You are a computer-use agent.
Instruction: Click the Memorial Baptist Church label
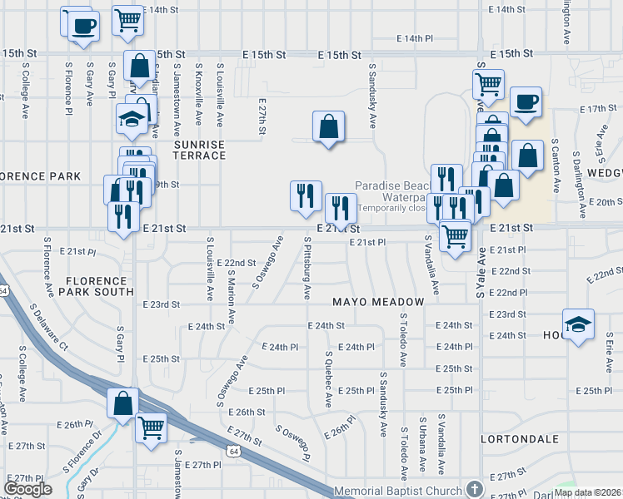point(398,491)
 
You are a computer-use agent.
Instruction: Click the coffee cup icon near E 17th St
point(526,102)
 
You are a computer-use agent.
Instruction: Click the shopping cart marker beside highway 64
point(151,427)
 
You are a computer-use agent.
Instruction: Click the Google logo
point(27,489)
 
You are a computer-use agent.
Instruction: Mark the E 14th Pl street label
point(415,38)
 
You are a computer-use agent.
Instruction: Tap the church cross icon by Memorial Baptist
point(475,489)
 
